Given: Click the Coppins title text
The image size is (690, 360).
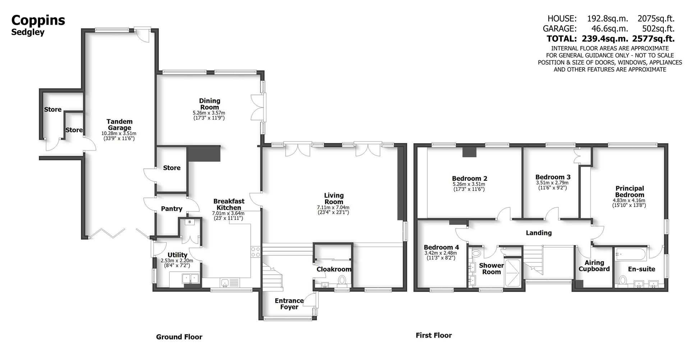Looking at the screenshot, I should tap(38, 20).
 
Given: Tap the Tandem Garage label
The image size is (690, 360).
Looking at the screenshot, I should tap(119, 125).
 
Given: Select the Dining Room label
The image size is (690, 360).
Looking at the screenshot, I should tap(210, 104).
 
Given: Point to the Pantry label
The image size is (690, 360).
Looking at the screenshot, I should tap(171, 209).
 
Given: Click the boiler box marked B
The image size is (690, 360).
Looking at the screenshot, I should tap(189, 222).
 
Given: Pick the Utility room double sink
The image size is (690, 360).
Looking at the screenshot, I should tap(190, 278).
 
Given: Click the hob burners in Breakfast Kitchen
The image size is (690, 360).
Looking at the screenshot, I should tap(256, 251).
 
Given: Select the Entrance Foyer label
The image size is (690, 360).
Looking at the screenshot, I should tap(289, 304).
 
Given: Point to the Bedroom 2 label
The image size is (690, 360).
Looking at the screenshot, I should tap(469, 179).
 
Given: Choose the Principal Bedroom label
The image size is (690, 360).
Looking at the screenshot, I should tap(630, 191).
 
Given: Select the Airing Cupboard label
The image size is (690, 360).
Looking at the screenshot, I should tap(594, 266).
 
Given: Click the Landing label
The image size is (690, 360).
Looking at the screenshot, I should tap(538, 233).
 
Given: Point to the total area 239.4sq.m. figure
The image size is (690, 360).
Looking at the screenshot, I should tap(605, 39).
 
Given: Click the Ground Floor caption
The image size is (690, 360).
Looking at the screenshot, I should tap(179, 337).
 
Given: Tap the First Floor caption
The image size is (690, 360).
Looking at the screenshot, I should tap(433, 336).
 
